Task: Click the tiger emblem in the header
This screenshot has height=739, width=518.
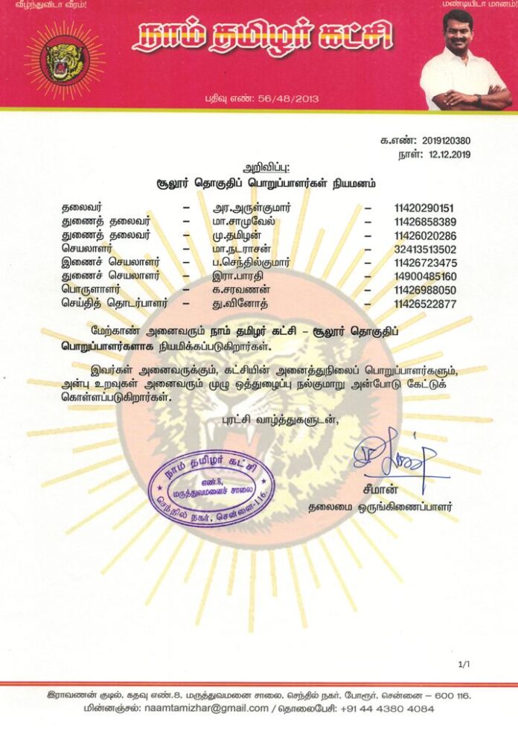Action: (x=65, y=60)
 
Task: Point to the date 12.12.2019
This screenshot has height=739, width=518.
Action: (x=445, y=155)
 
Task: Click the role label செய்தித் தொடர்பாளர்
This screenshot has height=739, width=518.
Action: (x=115, y=304)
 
